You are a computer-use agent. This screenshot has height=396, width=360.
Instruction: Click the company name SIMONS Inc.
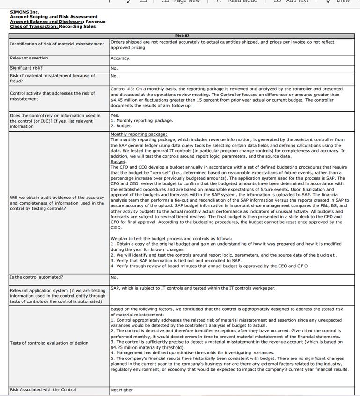24,12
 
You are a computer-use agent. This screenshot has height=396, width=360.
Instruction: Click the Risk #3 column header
182,36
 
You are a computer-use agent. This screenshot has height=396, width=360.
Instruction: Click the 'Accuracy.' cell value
120,59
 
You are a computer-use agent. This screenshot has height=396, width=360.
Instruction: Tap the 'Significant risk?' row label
26,68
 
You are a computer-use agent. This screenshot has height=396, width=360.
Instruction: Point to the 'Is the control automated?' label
37,277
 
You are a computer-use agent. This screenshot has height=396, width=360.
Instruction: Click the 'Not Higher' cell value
122,390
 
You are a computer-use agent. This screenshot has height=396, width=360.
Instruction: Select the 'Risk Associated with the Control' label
43,389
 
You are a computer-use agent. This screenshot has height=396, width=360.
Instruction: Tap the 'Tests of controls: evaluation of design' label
49,343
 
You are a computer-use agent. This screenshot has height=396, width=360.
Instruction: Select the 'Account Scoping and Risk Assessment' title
53,17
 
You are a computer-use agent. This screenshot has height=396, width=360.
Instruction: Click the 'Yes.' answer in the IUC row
115,115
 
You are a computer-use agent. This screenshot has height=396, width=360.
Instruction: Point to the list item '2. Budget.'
121,126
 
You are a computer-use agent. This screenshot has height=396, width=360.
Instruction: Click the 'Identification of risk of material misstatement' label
57,44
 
